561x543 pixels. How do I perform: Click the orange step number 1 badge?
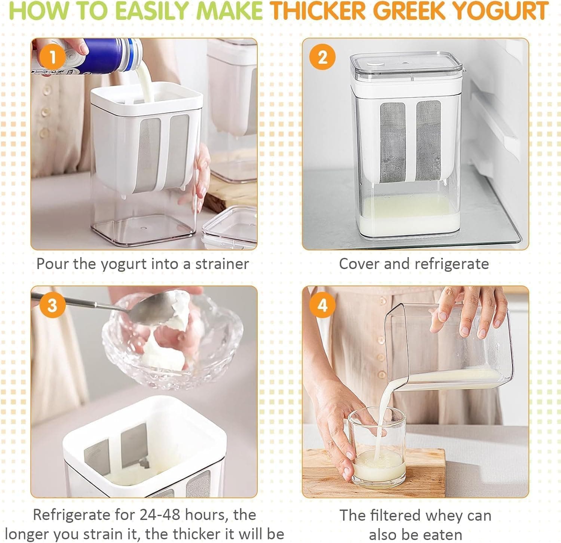tap(53, 57)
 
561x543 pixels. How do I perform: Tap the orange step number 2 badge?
tap(322, 57)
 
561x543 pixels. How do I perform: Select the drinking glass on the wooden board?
tap(378, 448)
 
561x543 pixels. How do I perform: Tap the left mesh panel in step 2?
tap(393, 142)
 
